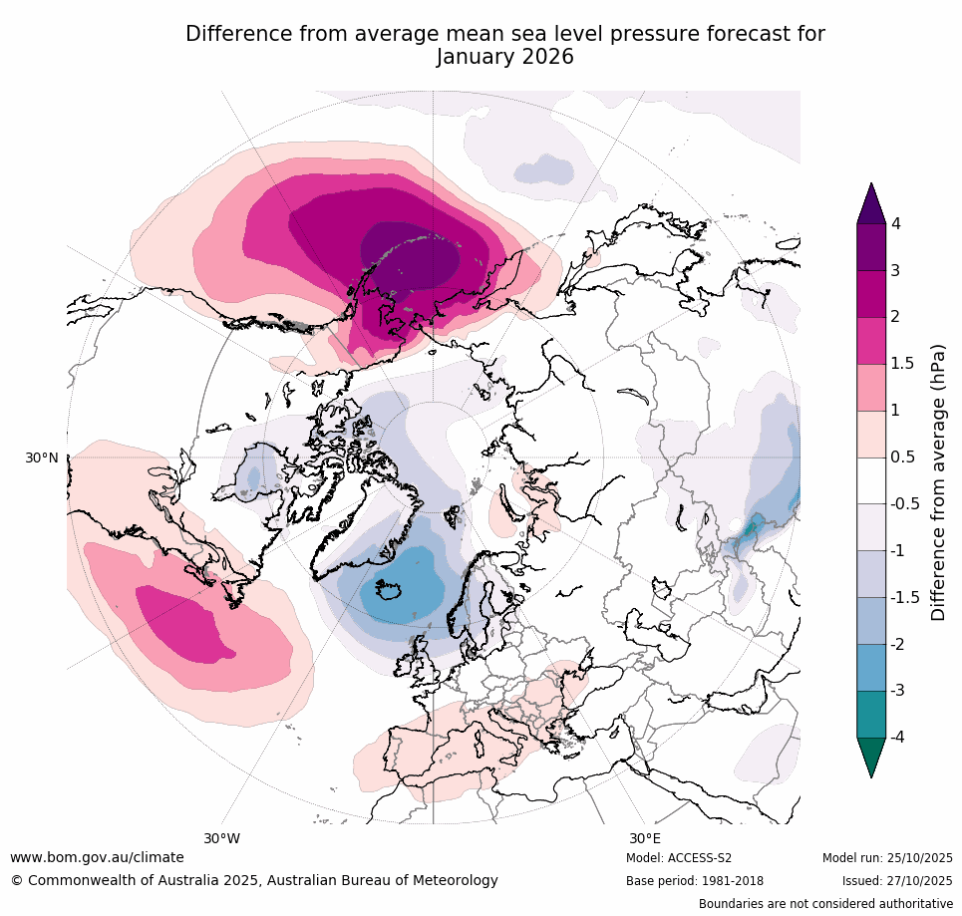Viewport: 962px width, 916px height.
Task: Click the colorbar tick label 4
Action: pyautogui.click(x=896, y=224)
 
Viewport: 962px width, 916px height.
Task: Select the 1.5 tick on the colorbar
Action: pyautogui.click(x=903, y=364)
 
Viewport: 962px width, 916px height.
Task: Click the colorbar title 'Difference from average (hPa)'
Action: pyautogui.click(x=938, y=481)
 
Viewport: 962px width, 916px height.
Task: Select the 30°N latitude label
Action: pyautogui.click(x=42, y=458)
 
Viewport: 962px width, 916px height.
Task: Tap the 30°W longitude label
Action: pyautogui.click(x=221, y=838)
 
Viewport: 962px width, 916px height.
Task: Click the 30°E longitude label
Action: pyautogui.click(x=644, y=838)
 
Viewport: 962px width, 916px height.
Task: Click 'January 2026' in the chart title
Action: pyautogui.click(x=504, y=57)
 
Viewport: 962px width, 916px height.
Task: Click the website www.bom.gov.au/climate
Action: pyautogui.click(x=97, y=857)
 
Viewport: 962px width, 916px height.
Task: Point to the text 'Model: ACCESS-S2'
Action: pyautogui.click(x=679, y=858)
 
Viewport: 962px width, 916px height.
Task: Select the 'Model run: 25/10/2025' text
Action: pyautogui.click(x=887, y=858)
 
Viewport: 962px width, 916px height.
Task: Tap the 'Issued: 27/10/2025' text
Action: pyautogui.click(x=898, y=881)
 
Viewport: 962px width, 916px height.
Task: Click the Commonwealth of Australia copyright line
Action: pyautogui.click(x=254, y=880)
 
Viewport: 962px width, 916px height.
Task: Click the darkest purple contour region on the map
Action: pyautogui.click(x=409, y=254)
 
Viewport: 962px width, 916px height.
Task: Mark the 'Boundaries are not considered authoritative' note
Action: pyautogui.click(x=825, y=904)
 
